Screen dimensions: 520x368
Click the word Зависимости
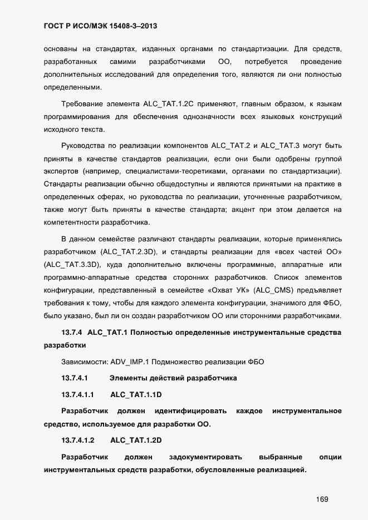coord(85,362)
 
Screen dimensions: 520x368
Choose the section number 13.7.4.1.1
coord(77,394)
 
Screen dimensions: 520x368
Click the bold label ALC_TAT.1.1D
coord(136,394)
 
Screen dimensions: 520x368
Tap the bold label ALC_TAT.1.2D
coord(136,440)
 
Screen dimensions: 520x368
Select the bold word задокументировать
coord(205,457)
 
